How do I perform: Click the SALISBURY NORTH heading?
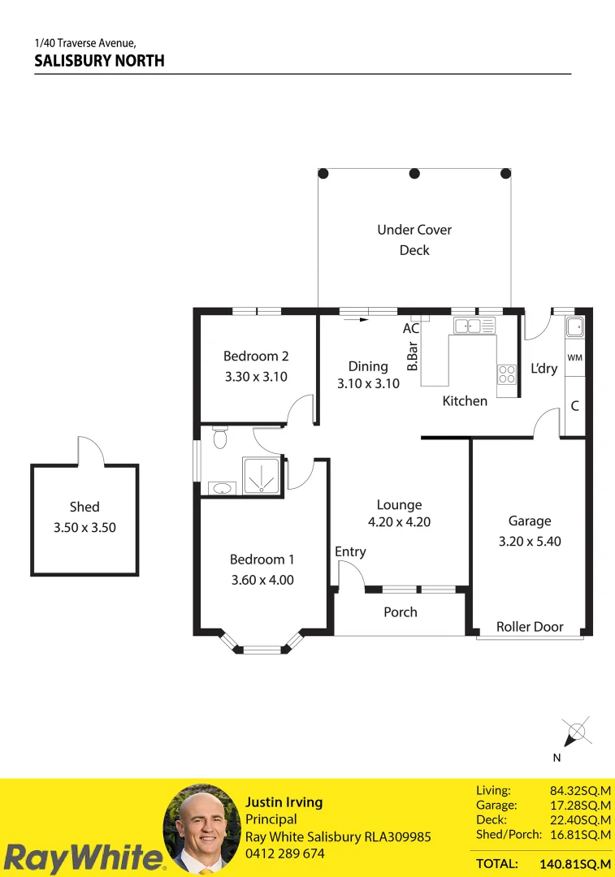click(x=99, y=61)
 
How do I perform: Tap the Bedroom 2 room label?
click(x=256, y=356)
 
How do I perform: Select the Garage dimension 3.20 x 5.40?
click(x=530, y=541)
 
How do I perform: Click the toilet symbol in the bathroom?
click(x=218, y=438)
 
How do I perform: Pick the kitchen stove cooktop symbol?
click(x=507, y=374)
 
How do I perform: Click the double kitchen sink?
click(x=474, y=326)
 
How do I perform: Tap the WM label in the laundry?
click(x=574, y=358)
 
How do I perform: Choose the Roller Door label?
click(x=530, y=626)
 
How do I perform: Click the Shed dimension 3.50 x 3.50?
click(x=84, y=527)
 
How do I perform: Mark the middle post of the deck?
click(x=414, y=173)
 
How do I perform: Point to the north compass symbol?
click(x=576, y=732)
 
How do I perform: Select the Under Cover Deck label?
click(x=414, y=240)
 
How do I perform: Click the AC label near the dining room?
click(x=411, y=329)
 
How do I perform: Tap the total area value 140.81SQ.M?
click(x=575, y=863)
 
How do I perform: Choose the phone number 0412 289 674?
click(x=285, y=853)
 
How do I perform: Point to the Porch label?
click(x=401, y=612)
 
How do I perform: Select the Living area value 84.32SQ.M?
click(x=580, y=790)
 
